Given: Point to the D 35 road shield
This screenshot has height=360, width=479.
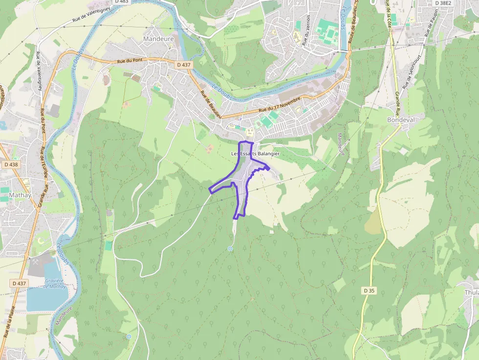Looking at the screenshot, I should pyautogui.click(x=370, y=291).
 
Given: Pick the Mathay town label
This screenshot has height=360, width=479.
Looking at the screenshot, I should pyautogui.click(x=20, y=195).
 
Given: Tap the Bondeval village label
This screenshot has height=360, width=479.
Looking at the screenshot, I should pyautogui.click(x=400, y=120).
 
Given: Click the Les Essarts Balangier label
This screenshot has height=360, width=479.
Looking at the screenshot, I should pyautogui.click(x=256, y=153).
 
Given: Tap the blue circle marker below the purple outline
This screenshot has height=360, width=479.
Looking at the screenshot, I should pyautogui.click(x=230, y=249).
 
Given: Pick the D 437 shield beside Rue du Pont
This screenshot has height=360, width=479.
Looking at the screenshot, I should pyautogui.click(x=184, y=64).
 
